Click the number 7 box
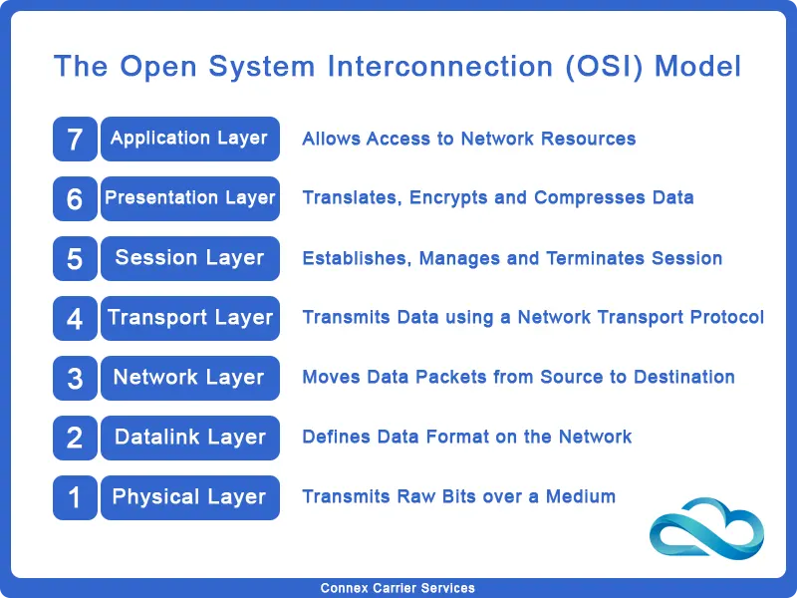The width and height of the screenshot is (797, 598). [x=75, y=139]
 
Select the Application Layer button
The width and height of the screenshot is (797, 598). [x=189, y=139]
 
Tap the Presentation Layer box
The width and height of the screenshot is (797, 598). [x=189, y=198]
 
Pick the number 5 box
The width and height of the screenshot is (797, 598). [x=75, y=258]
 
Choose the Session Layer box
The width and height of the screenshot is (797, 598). [x=189, y=258]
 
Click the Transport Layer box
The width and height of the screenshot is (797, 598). [x=189, y=318]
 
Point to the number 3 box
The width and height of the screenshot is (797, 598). [x=75, y=378]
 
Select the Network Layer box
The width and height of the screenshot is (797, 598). [x=189, y=378]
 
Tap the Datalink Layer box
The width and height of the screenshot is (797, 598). [x=189, y=438]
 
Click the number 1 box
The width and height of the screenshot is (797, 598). [x=75, y=497]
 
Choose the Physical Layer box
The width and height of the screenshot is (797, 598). [x=189, y=497]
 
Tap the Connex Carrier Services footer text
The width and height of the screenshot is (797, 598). [x=398, y=588]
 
